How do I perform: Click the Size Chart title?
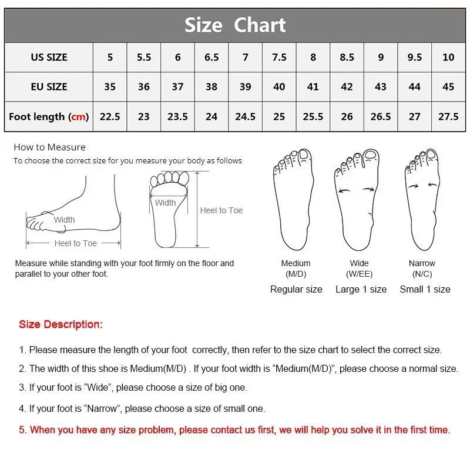pyautogui.click(x=235, y=25)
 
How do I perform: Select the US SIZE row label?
pyautogui.click(x=49, y=57)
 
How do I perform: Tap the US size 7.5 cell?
pyautogui.click(x=279, y=57)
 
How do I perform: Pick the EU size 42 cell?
pyautogui.click(x=347, y=86)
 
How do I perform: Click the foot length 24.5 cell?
pyautogui.click(x=245, y=116)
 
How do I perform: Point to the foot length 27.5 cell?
pyautogui.click(x=448, y=116)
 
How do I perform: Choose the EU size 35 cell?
pyautogui.click(x=110, y=86)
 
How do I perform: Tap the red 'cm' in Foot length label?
pyautogui.click(x=78, y=116)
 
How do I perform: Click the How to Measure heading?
pyautogui.click(x=49, y=147)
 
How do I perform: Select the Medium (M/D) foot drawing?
pyautogui.click(x=293, y=199)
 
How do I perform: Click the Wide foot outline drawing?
pyautogui.click(x=357, y=200)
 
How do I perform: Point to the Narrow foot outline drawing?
pyautogui.click(x=422, y=199)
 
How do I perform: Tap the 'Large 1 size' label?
pyautogui.click(x=361, y=289)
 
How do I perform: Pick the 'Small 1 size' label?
pyautogui.click(x=425, y=289)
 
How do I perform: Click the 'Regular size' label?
pyautogui.click(x=296, y=290)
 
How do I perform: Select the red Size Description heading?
pyautogui.click(x=61, y=324)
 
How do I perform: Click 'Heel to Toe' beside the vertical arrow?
pyautogui.click(x=221, y=210)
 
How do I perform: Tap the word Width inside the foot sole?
pyautogui.click(x=165, y=203)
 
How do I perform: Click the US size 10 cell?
pyautogui.click(x=448, y=57)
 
